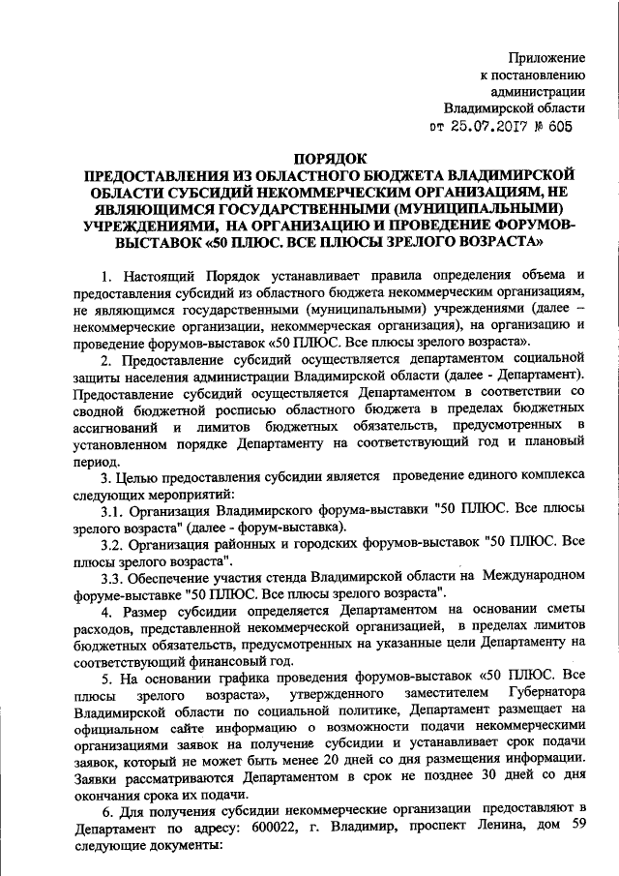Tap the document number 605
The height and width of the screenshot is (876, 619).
574,126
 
